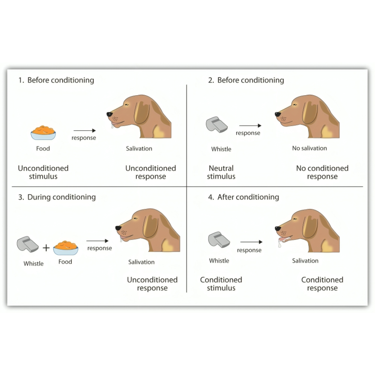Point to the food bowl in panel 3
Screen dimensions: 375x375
pyautogui.click(x=66, y=247)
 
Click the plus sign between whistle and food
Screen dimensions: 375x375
pyautogui.click(x=46, y=248)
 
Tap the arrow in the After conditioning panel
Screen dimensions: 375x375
pyautogui.click(x=251, y=243)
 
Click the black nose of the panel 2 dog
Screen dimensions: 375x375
pyautogui.click(x=277, y=114)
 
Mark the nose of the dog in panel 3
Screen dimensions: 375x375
pyautogui.click(x=118, y=228)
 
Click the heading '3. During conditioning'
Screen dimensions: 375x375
pyautogui.click(x=57, y=197)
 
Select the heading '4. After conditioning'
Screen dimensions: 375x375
pyautogui.click(x=243, y=197)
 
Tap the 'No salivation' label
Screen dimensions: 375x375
pyautogui.click(x=309, y=148)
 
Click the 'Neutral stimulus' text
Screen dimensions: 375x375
pyautogui.click(x=221, y=172)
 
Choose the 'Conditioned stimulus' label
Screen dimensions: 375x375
pyautogui.click(x=221, y=284)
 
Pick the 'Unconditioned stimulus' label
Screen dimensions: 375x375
pyautogui.click(x=43, y=172)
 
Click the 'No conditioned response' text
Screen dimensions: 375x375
pyautogui.click(x=322, y=172)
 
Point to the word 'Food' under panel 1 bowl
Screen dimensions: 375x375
pyautogui.click(x=43, y=148)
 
